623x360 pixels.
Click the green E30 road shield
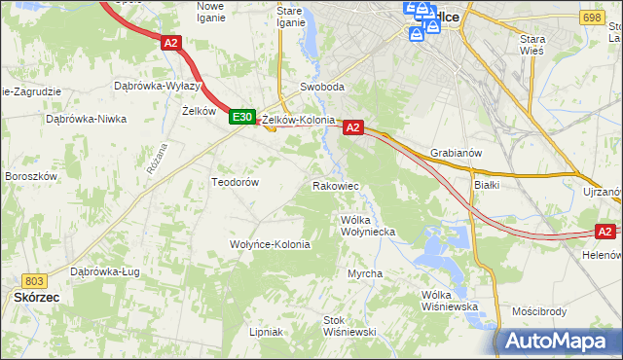point(242,118)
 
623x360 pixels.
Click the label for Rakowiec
point(336,185)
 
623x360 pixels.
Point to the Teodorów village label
point(235,182)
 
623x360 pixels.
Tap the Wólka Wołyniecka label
point(367,226)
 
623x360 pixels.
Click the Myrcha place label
point(365,273)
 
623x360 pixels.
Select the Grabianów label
point(456,153)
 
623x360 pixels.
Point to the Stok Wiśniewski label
point(349,326)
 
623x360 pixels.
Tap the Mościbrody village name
point(538,312)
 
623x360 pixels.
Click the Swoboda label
point(322,87)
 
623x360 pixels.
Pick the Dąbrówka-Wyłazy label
point(158,86)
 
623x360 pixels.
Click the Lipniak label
point(265,332)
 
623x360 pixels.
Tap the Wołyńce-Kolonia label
point(270,244)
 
